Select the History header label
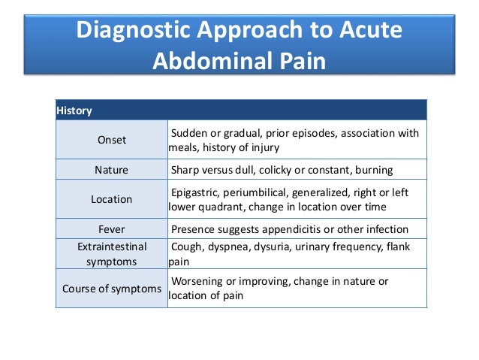pos(74,110)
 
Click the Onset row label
pos(112,140)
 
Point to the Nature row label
pos(111,170)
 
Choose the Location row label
pos(111,199)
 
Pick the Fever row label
pos(111,229)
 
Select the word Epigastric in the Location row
pos(197,192)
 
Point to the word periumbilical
pos(263,192)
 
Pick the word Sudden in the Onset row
pos(191,133)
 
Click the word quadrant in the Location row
pos(225,207)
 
